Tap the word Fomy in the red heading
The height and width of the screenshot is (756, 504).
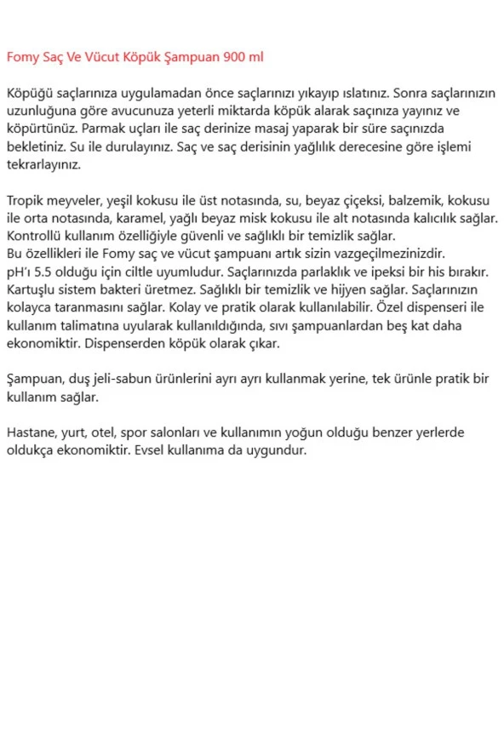23,57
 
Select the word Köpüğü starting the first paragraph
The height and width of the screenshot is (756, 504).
29,93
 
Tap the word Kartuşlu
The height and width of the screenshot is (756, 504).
31,290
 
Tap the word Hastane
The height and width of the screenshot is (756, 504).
31,433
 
